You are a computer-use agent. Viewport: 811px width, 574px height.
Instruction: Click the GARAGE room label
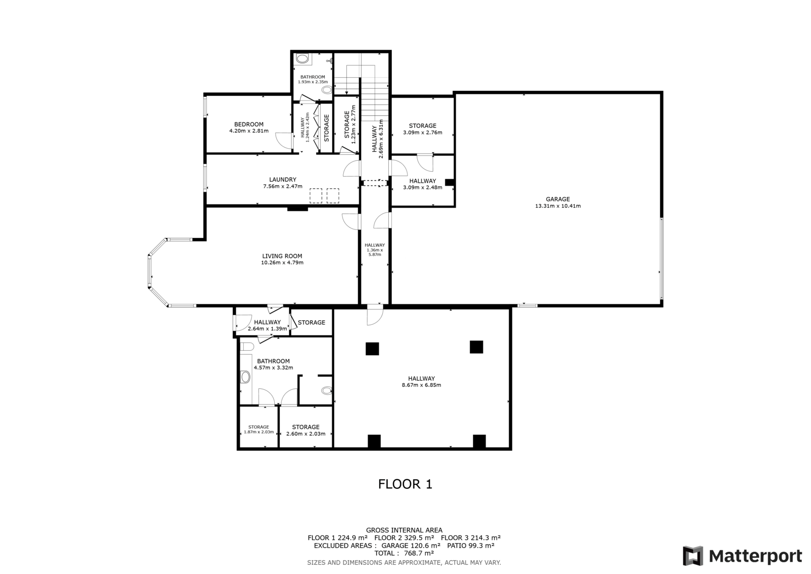tap(558, 199)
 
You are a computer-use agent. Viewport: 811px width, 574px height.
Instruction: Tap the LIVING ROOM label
tap(282, 256)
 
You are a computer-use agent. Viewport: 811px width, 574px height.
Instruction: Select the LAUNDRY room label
tap(283, 180)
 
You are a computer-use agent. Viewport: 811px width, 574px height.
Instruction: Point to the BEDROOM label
tap(249, 124)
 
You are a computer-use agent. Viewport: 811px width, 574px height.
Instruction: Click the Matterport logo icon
tap(692, 556)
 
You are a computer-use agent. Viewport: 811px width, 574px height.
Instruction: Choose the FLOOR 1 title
tap(405, 484)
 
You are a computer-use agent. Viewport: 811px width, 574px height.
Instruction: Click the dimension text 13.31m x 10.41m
tap(558, 206)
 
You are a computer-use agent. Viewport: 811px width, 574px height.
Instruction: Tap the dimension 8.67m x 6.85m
tap(421, 385)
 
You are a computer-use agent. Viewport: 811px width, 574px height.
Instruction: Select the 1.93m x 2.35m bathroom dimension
tap(313, 82)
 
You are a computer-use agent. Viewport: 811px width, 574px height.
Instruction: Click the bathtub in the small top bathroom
tap(302, 58)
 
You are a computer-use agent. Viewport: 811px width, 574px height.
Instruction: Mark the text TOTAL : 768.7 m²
tap(404, 553)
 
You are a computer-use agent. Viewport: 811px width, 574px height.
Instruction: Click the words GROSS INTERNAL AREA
tap(404, 530)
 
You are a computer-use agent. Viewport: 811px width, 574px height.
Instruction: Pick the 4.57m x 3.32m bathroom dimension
tap(273, 367)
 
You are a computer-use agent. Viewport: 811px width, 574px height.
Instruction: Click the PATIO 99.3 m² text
tap(471, 546)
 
